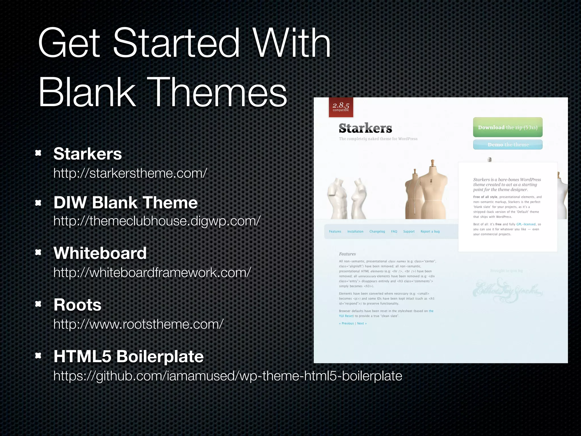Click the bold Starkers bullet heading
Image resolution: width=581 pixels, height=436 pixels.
pyautogui.click(x=88, y=154)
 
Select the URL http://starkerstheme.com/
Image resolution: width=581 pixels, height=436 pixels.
pyautogui.click(x=130, y=173)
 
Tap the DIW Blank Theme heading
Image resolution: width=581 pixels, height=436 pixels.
pyautogui.click(x=125, y=203)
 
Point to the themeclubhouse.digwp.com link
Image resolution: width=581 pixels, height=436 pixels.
pyautogui.click(x=157, y=221)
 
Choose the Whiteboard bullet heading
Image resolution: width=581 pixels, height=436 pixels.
pyautogui.click(x=100, y=253)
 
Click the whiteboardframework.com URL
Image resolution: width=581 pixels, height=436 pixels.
pyautogui.click(x=152, y=272)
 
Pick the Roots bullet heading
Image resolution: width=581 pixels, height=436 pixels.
pyautogui.click(x=77, y=305)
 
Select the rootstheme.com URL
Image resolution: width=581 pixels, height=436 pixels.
pyautogui.click(x=138, y=324)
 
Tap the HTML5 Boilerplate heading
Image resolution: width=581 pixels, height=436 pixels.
pyautogui.click(x=129, y=356)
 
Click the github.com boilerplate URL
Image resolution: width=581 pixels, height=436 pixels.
pyautogui.click(x=228, y=376)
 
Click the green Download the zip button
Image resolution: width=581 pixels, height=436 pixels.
pyautogui.click(x=508, y=127)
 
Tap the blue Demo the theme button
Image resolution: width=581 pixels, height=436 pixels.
pyautogui.click(x=508, y=144)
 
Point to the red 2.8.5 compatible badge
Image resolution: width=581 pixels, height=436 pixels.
pyautogui.click(x=341, y=107)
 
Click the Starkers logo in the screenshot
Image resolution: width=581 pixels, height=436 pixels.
pyautogui.click(x=365, y=128)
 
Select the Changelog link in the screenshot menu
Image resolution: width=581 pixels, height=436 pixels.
pyautogui.click(x=377, y=232)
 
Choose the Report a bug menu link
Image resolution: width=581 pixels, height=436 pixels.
pyautogui.click(x=430, y=232)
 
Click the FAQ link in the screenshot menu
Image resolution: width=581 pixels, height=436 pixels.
pyautogui.click(x=394, y=232)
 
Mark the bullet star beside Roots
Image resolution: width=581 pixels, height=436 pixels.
pyautogui.click(x=38, y=304)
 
